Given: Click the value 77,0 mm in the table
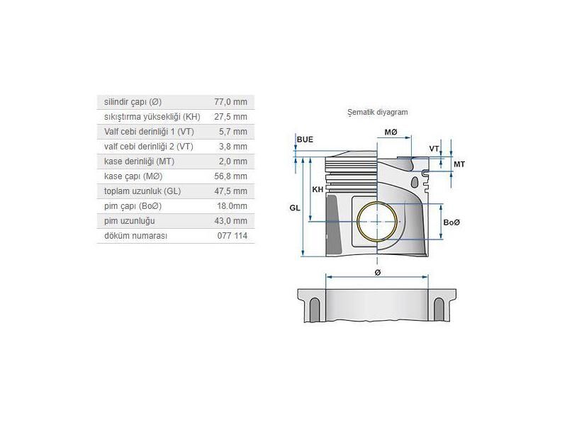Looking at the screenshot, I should click(x=232, y=102).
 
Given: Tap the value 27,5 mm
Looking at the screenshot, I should click(x=232, y=117).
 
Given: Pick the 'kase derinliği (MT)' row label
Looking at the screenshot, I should click(x=139, y=161).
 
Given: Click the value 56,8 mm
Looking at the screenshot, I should click(x=232, y=176).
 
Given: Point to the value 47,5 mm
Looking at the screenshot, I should click(x=232, y=191).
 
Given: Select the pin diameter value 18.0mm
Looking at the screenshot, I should click(x=232, y=206).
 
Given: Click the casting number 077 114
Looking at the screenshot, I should click(x=234, y=236).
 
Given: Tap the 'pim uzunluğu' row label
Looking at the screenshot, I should click(x=128, y=221).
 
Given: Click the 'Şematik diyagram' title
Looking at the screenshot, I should click(x=378, y=112).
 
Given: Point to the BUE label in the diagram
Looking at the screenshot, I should click(x=305, y=140).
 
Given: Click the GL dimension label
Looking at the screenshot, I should click(x=295, y=208).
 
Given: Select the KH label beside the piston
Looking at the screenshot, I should click(x=318, y=190).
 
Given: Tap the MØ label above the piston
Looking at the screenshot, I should click(x=391, y=132).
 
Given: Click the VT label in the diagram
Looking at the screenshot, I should click(x=434, y=148).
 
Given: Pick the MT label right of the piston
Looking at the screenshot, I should click(x=459, y=164).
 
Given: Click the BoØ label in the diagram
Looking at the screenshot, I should click(x=451, y=222).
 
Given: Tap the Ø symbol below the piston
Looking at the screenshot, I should click(x=377, y=272).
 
